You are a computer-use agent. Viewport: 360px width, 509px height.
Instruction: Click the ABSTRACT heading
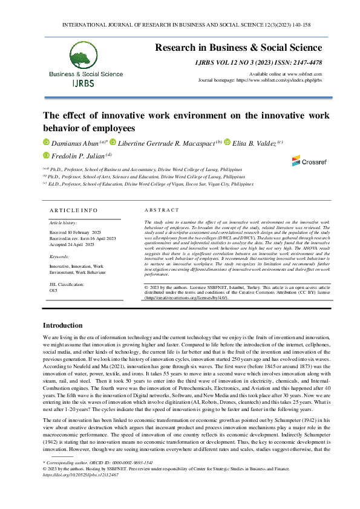tap(163, 210)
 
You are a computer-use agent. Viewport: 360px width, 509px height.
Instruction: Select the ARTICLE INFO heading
tap(73, 210)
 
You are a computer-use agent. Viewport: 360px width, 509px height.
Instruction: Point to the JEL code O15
tap(53, 290)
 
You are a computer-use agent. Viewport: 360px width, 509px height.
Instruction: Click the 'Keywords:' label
tap(59, 257)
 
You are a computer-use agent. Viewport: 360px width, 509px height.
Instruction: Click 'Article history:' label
tap(64, 223)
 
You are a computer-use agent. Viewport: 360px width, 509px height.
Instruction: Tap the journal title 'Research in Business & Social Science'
tap(239, 47)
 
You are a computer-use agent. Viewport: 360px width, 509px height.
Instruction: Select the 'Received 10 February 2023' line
tap(75, 232)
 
